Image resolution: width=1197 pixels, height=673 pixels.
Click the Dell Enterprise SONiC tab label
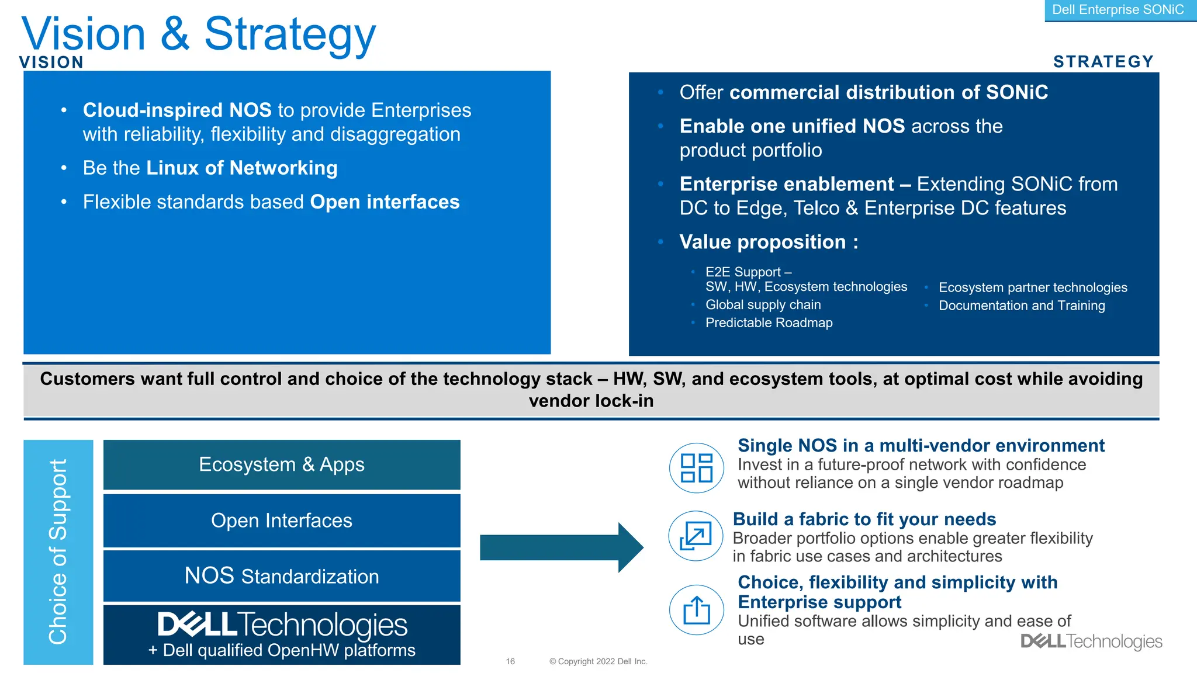coord(1118,10)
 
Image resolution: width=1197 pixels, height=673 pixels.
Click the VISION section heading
coord(51,62)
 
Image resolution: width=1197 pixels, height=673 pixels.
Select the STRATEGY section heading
coord(1103,61)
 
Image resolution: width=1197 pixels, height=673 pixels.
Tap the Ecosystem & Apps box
coord(282,464)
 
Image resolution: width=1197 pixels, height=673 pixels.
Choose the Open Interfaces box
coord(282,521)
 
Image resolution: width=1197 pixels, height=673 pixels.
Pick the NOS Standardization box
coord(282,576)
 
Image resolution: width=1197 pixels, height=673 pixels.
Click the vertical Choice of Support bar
coord(58,551)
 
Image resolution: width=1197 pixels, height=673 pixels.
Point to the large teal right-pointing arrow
coord(561,547)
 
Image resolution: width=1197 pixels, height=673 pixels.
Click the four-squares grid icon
coord(696,468)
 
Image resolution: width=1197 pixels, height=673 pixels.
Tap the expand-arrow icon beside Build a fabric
coord(696,536)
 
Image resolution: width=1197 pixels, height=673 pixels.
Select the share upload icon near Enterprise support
coord(696,610)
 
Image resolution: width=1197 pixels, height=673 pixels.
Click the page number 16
coord(510,661)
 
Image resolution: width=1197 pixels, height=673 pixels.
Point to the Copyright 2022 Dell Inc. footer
coord(598,661)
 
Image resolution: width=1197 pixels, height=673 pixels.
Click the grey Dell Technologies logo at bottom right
coord(1091,641)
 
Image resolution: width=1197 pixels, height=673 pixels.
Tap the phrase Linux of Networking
coord(241,168)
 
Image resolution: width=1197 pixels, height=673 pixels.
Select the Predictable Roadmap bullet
coord(769,322)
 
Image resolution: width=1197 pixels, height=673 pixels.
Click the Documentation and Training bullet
coord(1021,306)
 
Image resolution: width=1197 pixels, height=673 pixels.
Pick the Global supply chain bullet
coord(763,304)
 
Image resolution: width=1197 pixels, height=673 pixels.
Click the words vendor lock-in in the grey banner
coord(591,401)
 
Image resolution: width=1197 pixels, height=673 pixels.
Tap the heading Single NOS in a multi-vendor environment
coord(921,446)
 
